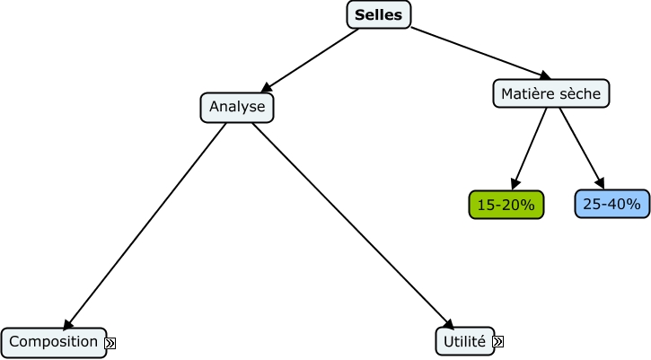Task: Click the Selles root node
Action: pyautogui.click(x=379, y=14)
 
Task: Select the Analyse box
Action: pyautogui.click(x=237, y=108)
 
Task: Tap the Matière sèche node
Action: pyautogui.click(x=551, y=93)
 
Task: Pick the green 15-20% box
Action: pyautogui.click(x=506, y=205)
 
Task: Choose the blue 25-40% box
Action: pyautogui.click(x=611, y=205)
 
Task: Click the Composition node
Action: pyautogui.click(x=54, y=341)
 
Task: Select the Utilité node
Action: pyautogui.click(x=464, y=341)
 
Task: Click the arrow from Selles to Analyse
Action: pyautogui.click(x=310, y=60)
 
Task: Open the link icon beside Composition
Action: pyautogui.click(x=111, y=342)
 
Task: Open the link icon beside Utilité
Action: pyautogui.click(x=497, y=342)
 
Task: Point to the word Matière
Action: pyautogui.click(x=527, y=93)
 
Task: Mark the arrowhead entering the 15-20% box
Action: pyautogui.click(x=515, y=183)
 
